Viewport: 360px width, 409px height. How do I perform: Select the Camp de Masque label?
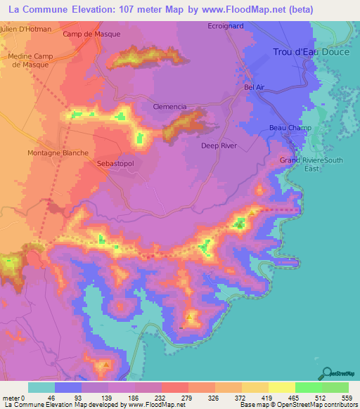[x=91, y=34]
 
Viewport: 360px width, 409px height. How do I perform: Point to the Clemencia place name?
[x=169, y=107]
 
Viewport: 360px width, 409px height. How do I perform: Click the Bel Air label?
[x=253, y=87]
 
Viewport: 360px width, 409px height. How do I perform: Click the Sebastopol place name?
[x=114, y=162]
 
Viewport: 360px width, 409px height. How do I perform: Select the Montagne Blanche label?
[x=58, y=152]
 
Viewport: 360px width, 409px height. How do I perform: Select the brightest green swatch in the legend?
[x=309, y=387]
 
